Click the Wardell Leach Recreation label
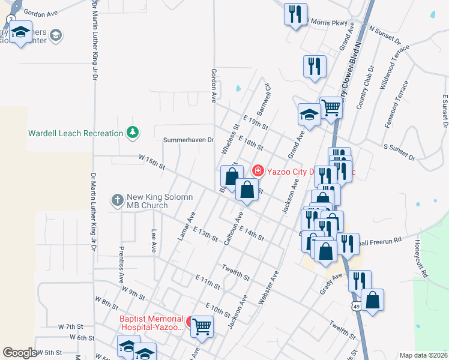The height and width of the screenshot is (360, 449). pos(76,133)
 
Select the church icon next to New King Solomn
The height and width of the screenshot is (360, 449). pos(117,199)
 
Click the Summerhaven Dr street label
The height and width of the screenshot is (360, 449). pos(188,140)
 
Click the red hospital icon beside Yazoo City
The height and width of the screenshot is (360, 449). pos(258,170)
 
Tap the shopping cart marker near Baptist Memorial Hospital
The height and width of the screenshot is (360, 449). pos(202,326)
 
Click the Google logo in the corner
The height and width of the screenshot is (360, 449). pos(20,353)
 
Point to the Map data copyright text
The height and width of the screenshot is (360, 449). pos(423,355)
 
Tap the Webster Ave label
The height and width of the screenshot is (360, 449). pos(268,289)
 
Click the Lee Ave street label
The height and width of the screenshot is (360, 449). pos(154,241)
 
